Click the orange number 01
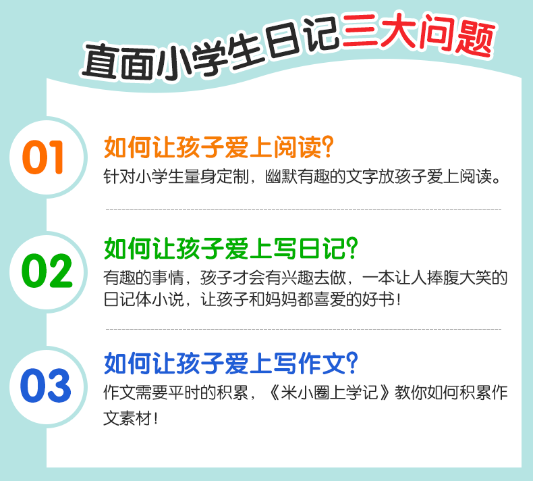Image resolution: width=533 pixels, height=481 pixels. (43, 157)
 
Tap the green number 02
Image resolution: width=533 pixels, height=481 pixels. (47, 271)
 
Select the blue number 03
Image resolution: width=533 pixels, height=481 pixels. (46, 385)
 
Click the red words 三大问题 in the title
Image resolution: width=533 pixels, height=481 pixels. (418, 34)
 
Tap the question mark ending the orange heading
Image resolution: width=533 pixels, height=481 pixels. (328, 147)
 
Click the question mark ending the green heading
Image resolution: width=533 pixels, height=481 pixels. (352, 248)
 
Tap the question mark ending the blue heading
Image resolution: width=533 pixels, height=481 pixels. (352, 363)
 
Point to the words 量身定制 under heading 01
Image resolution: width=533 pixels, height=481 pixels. (217, 176)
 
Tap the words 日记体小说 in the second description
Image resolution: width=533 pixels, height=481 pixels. (144, 299)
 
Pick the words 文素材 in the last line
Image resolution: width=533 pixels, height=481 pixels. (128, 418)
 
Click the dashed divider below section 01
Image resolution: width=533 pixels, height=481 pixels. (304, 209)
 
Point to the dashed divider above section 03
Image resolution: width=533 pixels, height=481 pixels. (304, 329)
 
